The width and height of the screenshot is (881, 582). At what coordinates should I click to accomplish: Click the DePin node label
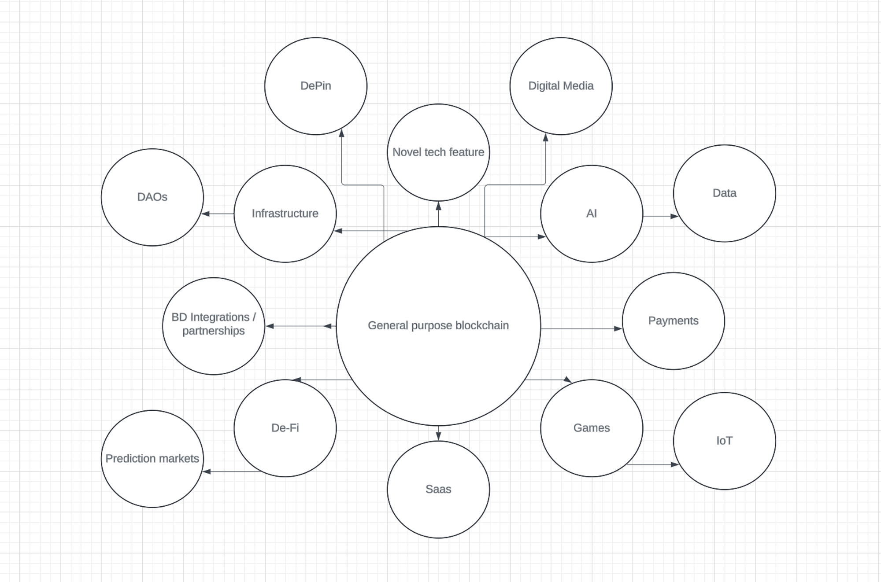315,86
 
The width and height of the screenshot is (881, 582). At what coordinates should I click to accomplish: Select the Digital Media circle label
561,86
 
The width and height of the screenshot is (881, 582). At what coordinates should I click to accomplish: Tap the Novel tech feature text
438,152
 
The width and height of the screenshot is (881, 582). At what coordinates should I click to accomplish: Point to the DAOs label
152,197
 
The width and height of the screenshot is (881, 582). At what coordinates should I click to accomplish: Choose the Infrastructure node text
285,214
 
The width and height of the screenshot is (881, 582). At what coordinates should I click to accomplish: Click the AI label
592,214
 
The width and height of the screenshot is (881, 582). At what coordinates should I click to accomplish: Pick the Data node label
724,193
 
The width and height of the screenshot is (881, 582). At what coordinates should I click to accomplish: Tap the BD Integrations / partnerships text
214,324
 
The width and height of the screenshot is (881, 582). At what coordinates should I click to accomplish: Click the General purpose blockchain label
438,325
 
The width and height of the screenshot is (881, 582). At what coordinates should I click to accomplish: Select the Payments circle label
673,320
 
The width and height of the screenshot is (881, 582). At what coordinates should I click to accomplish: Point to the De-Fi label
285,428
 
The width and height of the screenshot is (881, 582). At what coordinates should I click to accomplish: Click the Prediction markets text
152,459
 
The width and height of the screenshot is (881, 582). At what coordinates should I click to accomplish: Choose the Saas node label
438,489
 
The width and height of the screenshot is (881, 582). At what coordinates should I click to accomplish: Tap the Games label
592,428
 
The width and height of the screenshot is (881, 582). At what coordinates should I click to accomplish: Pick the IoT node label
724,441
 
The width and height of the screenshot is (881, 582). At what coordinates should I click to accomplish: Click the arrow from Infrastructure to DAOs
218,214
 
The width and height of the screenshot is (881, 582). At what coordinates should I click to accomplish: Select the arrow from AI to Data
660,216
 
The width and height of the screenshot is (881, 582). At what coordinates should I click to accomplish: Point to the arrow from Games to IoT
652,464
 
